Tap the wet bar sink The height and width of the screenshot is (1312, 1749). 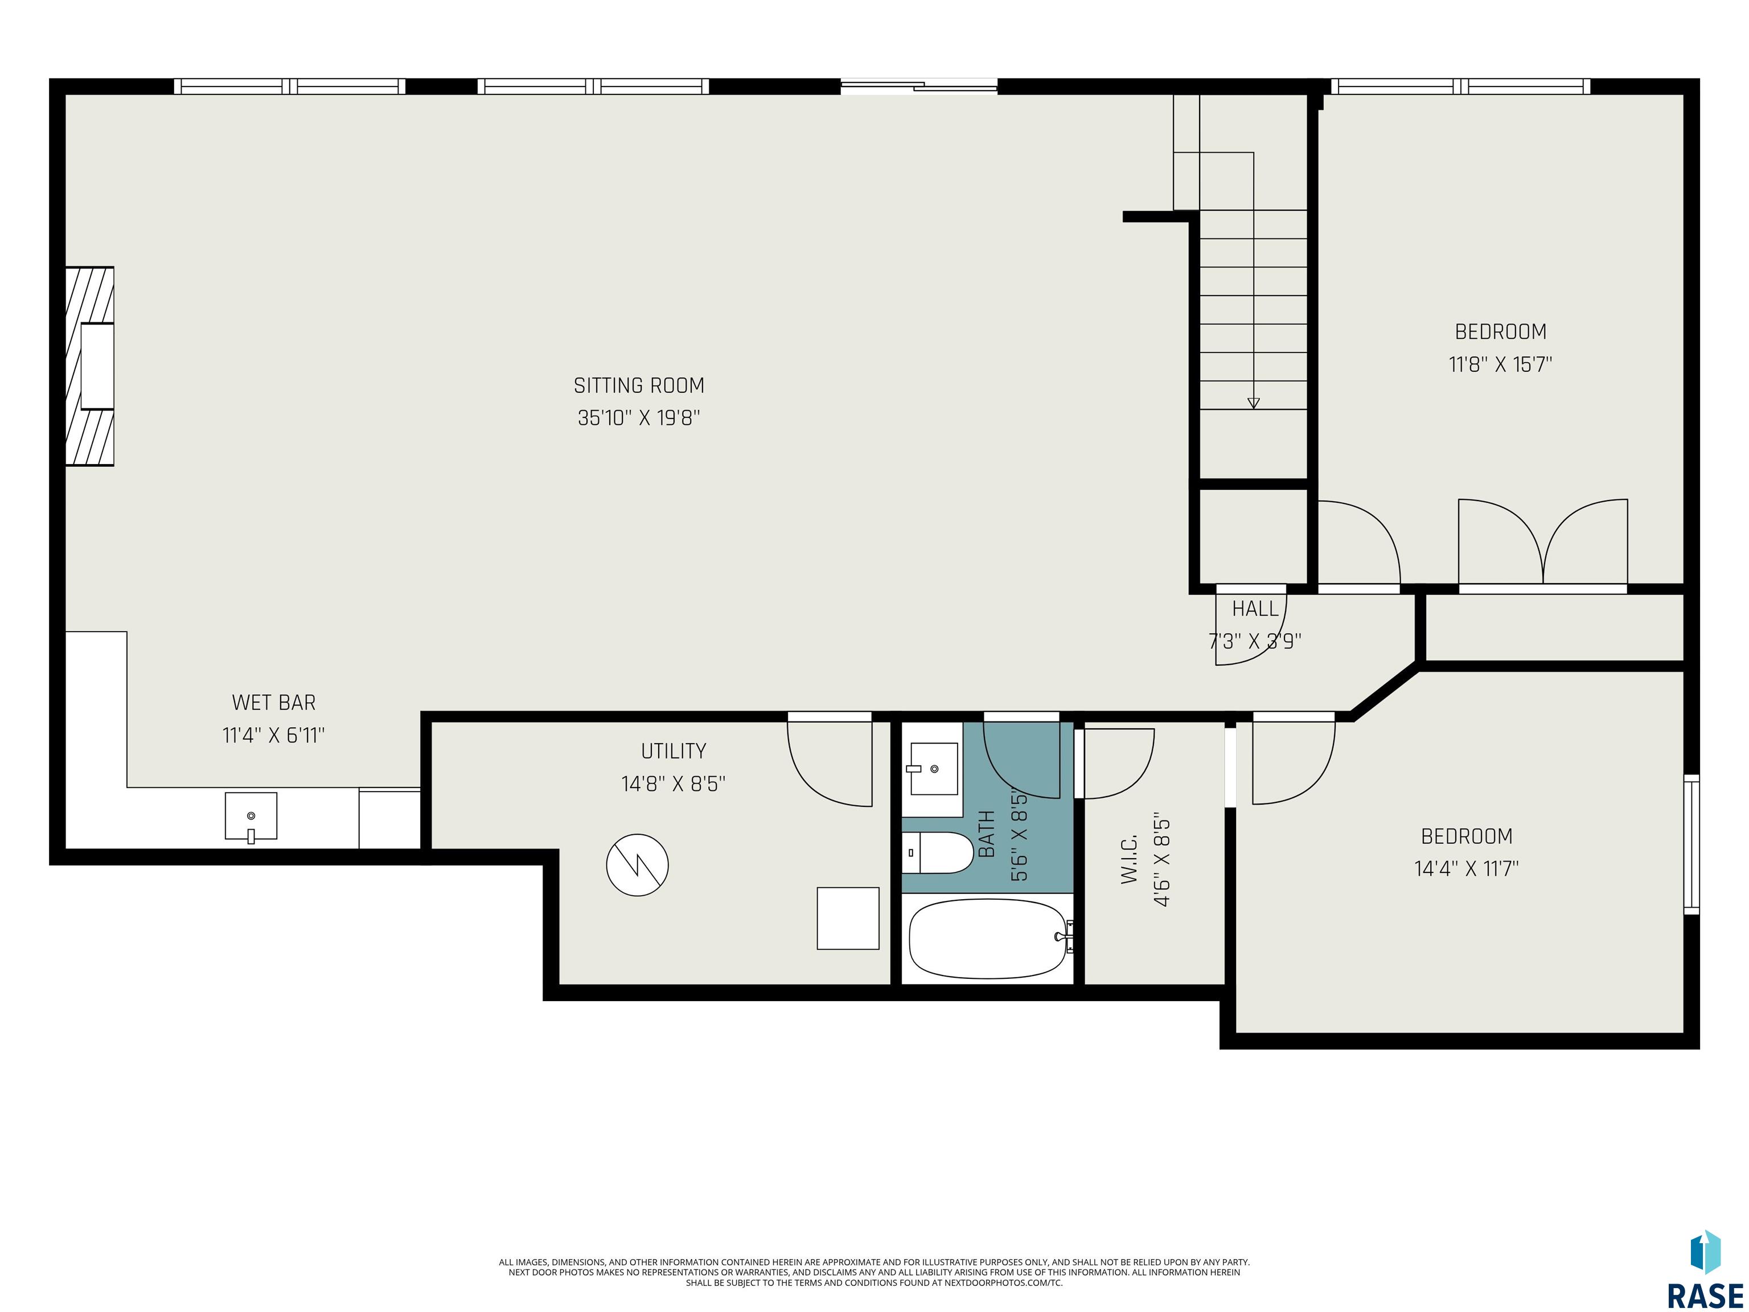click(251, 816)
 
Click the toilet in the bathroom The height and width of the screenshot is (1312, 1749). click(938, 852)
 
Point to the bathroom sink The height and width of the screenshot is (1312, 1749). click(933, 768)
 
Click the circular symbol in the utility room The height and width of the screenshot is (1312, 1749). click(637, 865)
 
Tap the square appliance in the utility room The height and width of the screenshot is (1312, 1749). click(848, 918)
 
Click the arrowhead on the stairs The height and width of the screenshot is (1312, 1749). click(1253, 403)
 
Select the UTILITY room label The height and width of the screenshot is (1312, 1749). click(674, 751)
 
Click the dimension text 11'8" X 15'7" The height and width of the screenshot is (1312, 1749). click(1501, 364)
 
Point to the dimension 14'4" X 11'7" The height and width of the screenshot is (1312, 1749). click(1467, 868)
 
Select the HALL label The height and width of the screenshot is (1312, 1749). click(1255, 608)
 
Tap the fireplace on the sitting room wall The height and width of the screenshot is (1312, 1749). click(90, 366)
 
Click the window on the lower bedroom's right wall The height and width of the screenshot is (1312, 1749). click(1691, 844)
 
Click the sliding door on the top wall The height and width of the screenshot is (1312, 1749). click(919, 86)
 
